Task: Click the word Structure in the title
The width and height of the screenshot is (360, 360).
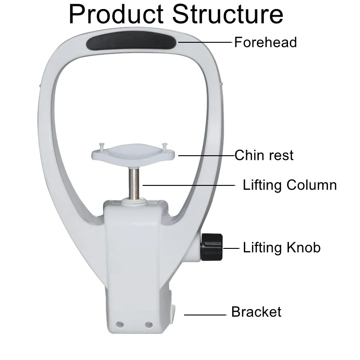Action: coord(229,14)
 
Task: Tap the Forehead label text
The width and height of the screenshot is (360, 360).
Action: coord(265,42)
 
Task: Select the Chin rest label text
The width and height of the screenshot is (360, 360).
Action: coord(264,155)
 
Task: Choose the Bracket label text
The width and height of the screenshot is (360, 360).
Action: coord(256,312)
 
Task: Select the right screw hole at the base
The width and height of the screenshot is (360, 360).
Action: coord(148,324)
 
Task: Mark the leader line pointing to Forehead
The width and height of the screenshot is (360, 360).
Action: coord(206,42)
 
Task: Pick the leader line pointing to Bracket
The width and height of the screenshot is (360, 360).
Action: coord(205,315)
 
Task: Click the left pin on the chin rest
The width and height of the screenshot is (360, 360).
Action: coord(101,146)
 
